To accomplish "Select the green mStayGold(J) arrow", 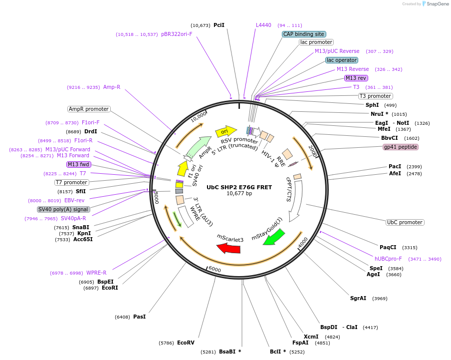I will coord(273,236).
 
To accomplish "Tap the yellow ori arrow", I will coord(225,131).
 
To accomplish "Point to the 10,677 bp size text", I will coord(239,194).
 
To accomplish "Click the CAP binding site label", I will coord(304,34).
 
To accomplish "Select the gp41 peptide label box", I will coord(400,147).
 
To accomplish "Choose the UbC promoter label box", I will coord(405,222).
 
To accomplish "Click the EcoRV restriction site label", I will coord(185,343).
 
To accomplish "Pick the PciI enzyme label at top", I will coord(219,25).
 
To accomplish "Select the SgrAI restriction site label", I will coord(358,299).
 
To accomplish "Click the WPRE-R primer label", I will coord(96,273).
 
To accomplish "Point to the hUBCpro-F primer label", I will coord(388,259).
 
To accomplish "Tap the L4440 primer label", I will coord(263,25).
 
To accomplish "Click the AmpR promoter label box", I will coord(89,109).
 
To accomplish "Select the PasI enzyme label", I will coord(139,317).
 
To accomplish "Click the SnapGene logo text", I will coord(436,4).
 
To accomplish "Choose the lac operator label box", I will coord(342,60).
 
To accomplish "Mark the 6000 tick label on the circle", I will coord(214,270).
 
